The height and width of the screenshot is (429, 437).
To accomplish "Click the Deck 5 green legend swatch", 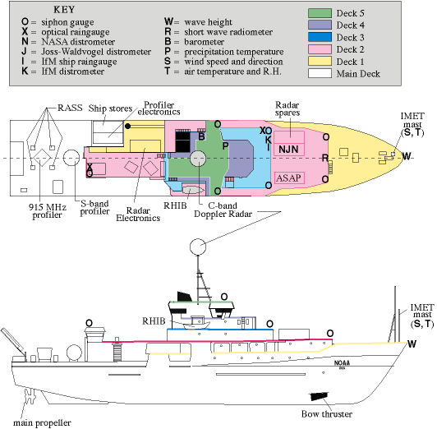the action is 320,13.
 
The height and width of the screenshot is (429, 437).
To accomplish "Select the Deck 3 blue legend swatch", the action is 320,37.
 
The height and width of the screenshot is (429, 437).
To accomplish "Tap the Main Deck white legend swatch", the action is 320,73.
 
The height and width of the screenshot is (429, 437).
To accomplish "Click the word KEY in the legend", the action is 64,10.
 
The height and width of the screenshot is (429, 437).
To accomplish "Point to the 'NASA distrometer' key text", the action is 78,42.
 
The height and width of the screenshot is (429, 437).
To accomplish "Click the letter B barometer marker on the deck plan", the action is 201,136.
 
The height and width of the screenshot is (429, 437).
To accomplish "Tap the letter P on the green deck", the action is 225,145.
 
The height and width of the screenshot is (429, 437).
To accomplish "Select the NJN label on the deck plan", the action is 288,150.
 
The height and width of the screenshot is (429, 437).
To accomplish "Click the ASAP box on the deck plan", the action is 289,178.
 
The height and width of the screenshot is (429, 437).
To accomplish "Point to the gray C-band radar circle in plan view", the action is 198,159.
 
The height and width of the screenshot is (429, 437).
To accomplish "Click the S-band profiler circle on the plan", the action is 71,158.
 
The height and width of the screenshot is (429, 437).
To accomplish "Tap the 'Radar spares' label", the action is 287,109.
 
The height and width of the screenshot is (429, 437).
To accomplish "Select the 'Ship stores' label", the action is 110,108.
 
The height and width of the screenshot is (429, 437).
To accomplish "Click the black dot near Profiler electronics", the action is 127,127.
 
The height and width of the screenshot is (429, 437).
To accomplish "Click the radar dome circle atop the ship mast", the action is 198,247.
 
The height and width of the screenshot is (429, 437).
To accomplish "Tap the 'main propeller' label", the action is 42,423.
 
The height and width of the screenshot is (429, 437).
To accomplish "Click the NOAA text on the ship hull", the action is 342,363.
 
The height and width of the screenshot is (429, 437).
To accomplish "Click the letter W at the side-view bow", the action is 412,344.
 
